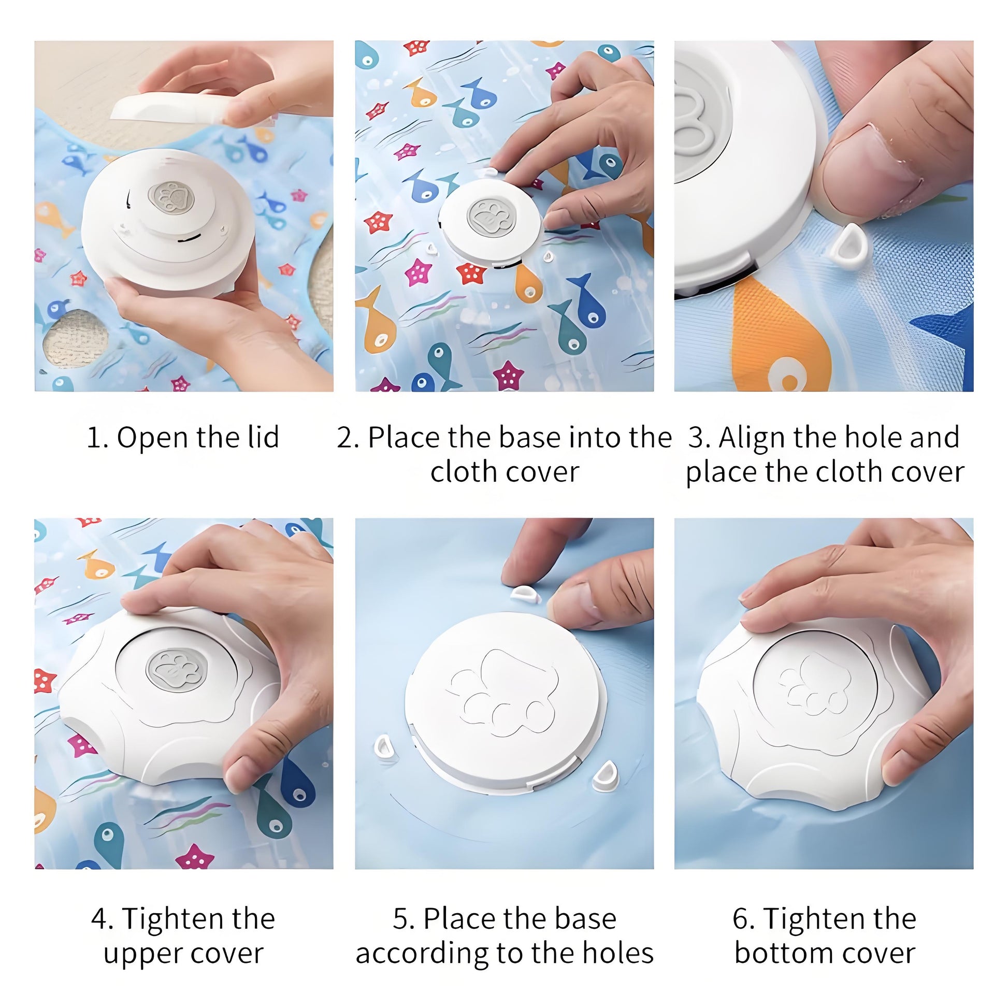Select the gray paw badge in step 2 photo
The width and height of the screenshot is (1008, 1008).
[491, 218]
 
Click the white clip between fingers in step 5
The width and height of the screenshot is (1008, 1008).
[525, 593]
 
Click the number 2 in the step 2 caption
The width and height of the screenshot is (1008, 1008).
[344, 437]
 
